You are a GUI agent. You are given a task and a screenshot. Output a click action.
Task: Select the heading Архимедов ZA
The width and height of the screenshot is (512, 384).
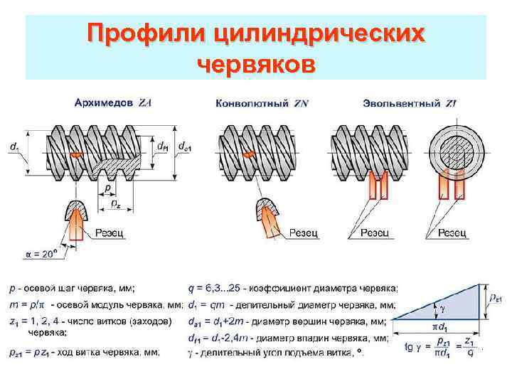click(x=112, y=102)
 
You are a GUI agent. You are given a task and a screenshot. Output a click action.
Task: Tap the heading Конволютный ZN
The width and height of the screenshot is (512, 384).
click(x=261, y=104)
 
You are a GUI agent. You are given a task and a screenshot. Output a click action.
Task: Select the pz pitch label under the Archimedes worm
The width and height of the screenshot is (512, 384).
click(x=114, y=204)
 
